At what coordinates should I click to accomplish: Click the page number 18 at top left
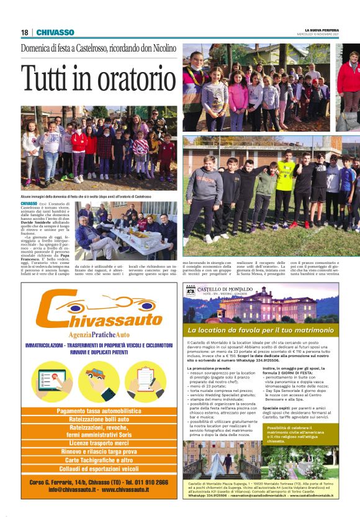click(24, 32)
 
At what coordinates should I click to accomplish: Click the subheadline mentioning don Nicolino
click(99, 48)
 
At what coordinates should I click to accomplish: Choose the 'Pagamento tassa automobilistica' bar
click(99, 411)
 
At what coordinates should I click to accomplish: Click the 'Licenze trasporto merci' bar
click(99, 443)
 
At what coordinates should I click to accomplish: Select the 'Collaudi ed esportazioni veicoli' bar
click(99, 468)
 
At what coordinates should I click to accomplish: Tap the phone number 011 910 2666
click(143, 482)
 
